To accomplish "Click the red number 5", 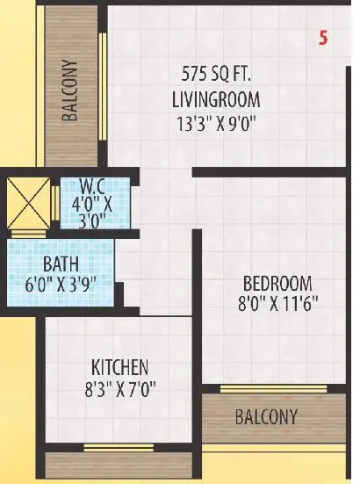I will [x=322, y=39].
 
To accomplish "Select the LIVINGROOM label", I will [x=216, y=99].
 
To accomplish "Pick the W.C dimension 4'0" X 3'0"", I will [x=91, y=212].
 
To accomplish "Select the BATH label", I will [x=61, y=263].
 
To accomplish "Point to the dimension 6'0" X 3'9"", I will [x=61, y=284].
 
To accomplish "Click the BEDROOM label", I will [x=277, y=284].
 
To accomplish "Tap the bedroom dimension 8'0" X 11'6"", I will [x=277, y=306].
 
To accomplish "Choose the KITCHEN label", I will [x=119, y=366].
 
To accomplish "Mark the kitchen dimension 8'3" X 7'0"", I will [x=119, y=389].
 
